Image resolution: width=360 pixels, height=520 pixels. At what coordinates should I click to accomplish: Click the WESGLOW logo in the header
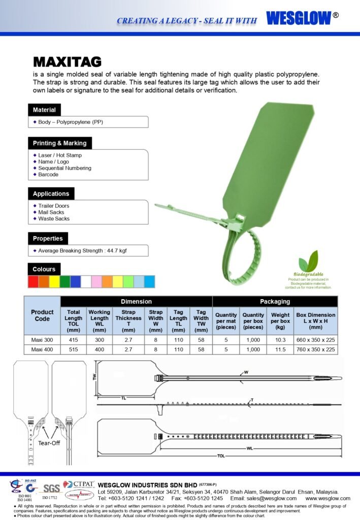pos(299,18)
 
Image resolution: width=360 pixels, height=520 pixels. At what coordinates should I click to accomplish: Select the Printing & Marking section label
pos(59,143)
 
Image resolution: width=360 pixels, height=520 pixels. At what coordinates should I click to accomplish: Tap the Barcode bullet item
pos(48,175)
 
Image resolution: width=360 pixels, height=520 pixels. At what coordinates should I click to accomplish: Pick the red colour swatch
pos(33,281)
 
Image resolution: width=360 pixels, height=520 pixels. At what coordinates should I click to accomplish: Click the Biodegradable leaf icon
pos(308,262)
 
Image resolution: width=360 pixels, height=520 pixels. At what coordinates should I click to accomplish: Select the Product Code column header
pos(42,315)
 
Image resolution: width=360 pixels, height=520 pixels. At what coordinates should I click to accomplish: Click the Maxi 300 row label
pos(42,340)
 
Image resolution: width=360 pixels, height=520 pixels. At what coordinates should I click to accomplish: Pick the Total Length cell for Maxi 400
pos(73,349)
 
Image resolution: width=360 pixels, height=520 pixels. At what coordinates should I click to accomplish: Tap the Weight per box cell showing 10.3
pos(280,340)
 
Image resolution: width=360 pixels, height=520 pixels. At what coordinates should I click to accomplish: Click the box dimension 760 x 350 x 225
pos(316,349)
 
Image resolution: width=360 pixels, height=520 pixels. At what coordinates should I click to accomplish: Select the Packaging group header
pos(275,302)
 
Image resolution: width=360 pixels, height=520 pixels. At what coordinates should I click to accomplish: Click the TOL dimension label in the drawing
pos(220,456)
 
